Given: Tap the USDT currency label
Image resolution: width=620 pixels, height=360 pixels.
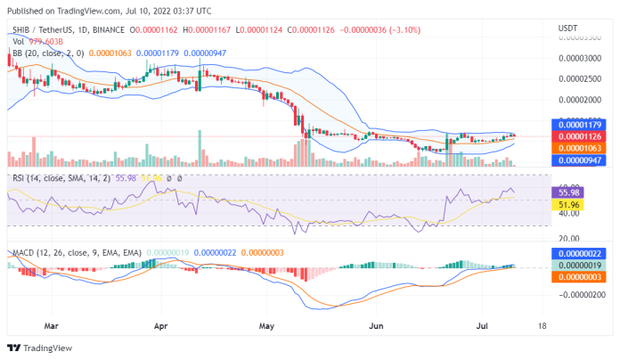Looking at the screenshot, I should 567,29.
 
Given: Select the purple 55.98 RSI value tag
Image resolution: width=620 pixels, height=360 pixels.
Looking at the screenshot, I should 567,192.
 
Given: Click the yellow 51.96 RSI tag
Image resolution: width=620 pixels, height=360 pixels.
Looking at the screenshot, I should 567,204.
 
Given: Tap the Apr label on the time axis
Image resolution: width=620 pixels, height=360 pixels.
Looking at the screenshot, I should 161,326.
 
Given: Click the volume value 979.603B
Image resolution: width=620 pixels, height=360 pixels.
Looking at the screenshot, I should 42,41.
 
